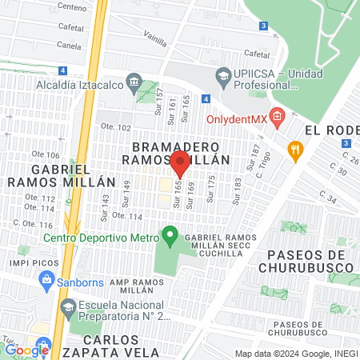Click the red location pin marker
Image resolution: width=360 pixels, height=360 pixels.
[x=180, y=164]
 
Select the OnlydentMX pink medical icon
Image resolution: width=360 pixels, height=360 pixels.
[x=277, y=118]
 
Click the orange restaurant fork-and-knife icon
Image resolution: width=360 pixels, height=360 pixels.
[x=295, y=148]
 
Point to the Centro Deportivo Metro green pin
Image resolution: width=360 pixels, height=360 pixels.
[x=169, y=237]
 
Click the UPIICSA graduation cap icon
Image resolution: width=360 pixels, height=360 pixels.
[x=224, y=77]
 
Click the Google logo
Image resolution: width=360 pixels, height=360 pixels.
[x=26, y=349]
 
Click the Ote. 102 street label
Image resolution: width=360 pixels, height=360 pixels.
[x=114, y=127]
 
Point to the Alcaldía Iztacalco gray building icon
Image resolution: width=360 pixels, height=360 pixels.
[x=133, y=82]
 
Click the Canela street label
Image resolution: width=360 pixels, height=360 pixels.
[x=69, y=46]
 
